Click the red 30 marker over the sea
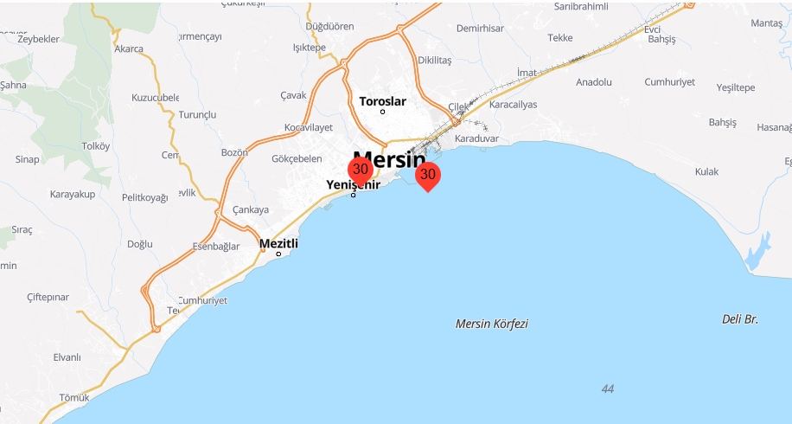click(427, 176)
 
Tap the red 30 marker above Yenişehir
click(361, 170)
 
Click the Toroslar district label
click(382, 101)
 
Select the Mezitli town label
click(278, 243)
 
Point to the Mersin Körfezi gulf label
click(491, 324)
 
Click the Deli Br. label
click(739, 319)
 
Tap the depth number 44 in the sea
click(608, 389)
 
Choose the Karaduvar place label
click(477, 138)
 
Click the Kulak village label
click(706, 172)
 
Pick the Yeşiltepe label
click(736, 87)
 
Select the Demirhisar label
click(480, 29)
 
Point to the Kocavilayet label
click(309, 127)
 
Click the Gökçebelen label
click(297, 158)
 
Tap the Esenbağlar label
click(215, 247)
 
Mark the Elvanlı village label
click(67, 357)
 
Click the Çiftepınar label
click(48, 297)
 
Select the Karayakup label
click(73, 194)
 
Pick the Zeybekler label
click(38, 39)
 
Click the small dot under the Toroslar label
click(382, 112)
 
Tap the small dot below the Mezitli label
click(278, 254)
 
